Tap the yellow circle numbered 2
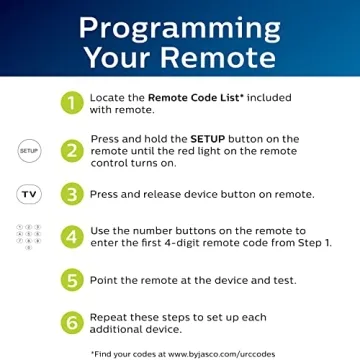(72, 149)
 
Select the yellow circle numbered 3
(72, 194)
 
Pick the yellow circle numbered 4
(72, 238)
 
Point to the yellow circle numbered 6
(72, 322)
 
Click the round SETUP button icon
(28, 150)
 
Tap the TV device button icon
(28, 194)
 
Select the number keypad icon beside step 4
(28, 237)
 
